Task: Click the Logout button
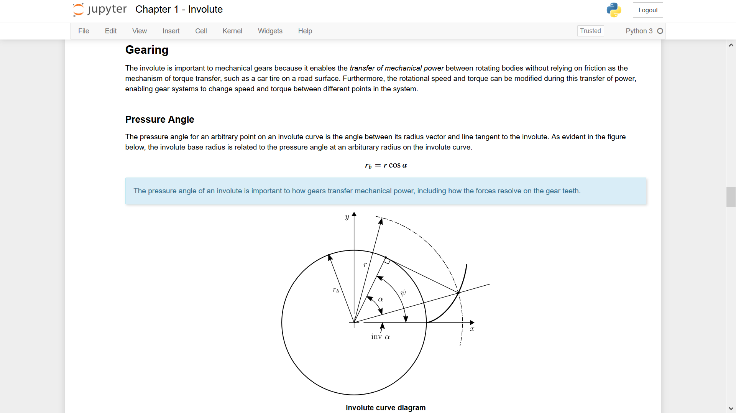tap(647, 10)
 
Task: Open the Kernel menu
tap(232, 31)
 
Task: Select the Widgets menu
tap(270, 31)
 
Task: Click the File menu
tap(84, 31)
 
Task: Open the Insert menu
tap(171, 31)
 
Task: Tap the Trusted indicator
tap(590, 31)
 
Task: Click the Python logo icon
tap(614, 10)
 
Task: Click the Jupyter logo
tap(100, 10)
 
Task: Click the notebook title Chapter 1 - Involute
tap(179, 10)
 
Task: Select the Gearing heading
tap(147, 50)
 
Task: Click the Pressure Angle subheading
tap(159, 120)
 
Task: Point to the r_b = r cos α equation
tap(386, 165)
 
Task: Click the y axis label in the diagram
tap(347, 217)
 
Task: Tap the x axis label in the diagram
tap(472, 329)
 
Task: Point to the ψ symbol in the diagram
tap(403, 293)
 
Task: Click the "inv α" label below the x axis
tap(380, 337)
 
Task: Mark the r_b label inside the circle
tap(336, 290)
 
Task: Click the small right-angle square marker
tap(387, 261)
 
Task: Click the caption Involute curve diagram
tap(385, 408)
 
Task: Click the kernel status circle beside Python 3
tap(660, 31)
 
